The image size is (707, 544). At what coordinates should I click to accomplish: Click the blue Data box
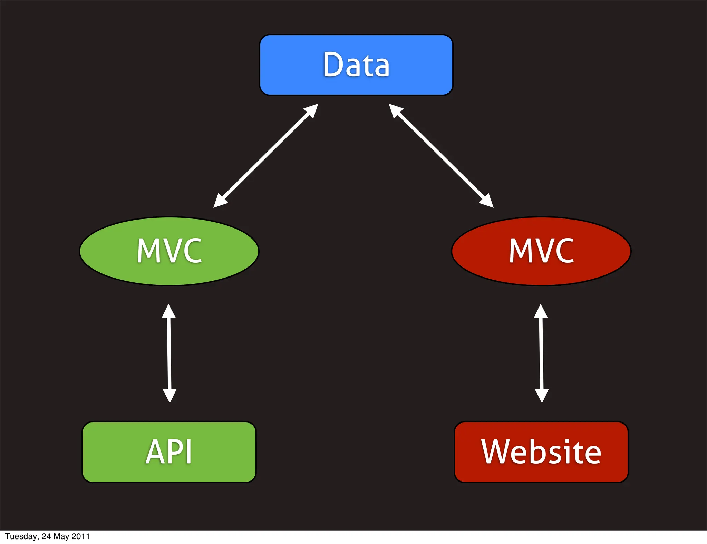coord(356,65)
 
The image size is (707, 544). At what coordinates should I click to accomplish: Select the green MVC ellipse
coord(169,251)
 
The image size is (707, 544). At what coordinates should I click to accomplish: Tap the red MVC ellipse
coord(541,251)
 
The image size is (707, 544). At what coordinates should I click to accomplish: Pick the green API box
coord(169,452)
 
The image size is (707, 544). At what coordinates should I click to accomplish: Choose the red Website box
coord(541,452)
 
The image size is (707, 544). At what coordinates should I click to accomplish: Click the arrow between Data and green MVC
coord(266,156)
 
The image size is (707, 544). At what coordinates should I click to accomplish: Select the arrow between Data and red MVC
coord(441,156)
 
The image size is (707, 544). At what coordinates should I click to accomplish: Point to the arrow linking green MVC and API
coord(169,353)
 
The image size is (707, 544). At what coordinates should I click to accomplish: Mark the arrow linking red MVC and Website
coord(541,353)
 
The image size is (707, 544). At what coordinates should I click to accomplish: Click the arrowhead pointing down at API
coord(170,396)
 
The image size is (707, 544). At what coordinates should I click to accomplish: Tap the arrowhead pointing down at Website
coord(542,396)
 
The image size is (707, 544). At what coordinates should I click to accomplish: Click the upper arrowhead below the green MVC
coord(169,311)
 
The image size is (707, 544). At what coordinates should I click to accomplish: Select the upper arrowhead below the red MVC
coord(541,311)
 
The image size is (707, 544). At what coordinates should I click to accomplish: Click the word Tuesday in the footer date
coord(21,536)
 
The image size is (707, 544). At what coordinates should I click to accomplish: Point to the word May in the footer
coord(61,536)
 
